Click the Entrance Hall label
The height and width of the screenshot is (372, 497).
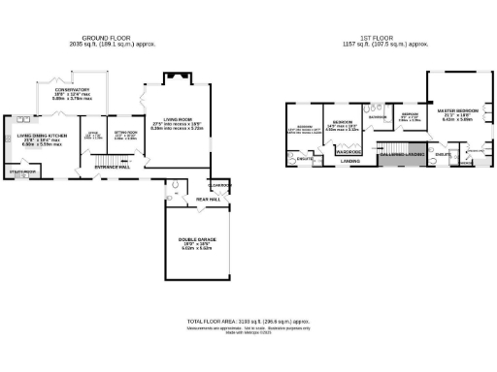[113, 167]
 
